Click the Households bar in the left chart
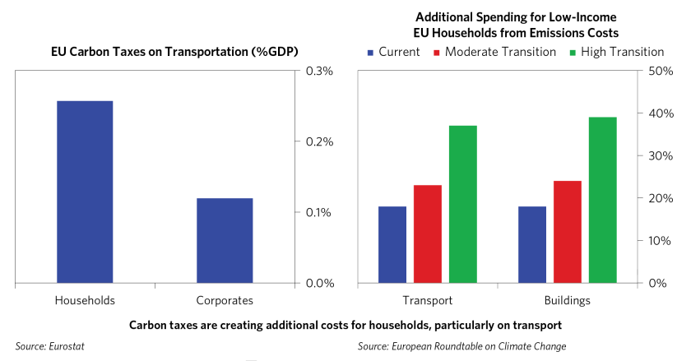[85, 192]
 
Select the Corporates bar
[225, 240]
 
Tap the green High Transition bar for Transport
[463, 204]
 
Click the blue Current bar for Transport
[392, 244]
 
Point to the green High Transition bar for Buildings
[603, 200]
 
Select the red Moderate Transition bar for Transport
[428, 234]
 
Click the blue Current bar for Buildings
[532, 244]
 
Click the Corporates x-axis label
[225, 300]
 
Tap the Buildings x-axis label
[568, 300]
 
